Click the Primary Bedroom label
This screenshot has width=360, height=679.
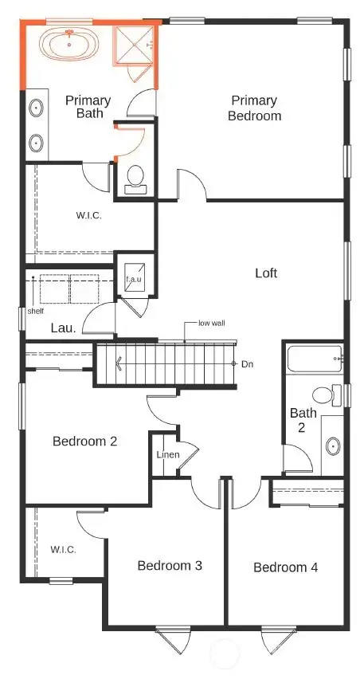(255, 108)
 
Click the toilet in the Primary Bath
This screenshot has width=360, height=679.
(135, 177)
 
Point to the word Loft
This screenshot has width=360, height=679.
(266, 273)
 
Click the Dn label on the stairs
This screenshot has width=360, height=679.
(247, 363)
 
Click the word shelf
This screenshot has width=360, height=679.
(36, 311)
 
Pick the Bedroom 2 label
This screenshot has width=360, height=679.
(85, 441)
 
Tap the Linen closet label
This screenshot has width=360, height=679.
(167, 455)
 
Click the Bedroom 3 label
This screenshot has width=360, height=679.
(169, 565)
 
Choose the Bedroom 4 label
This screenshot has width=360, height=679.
(285, 567)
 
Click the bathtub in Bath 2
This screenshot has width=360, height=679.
(314, 360)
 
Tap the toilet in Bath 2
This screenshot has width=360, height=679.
(325, 394)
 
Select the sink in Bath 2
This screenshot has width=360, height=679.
(333, 445)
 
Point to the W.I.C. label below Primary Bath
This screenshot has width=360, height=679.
(89, 215)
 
